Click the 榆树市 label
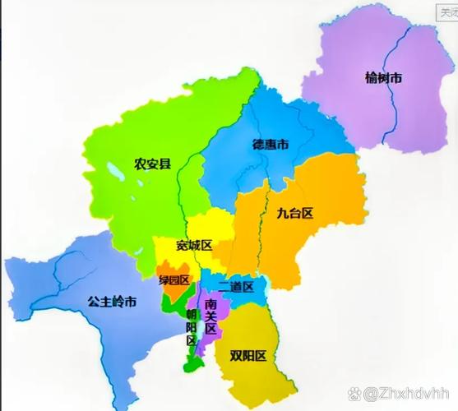(383, 79)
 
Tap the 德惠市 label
(270, 145)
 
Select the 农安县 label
(151, 164)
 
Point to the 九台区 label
(295, 214)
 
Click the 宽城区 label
(194, 246)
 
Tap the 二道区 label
(236, 286)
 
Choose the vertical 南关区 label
(210, 316)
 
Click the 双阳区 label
(248, 355)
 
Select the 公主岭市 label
(112, 301)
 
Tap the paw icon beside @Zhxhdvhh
(355, 395)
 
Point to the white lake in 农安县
(113, 178)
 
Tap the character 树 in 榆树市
(383, 79)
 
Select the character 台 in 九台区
(295, 214)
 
